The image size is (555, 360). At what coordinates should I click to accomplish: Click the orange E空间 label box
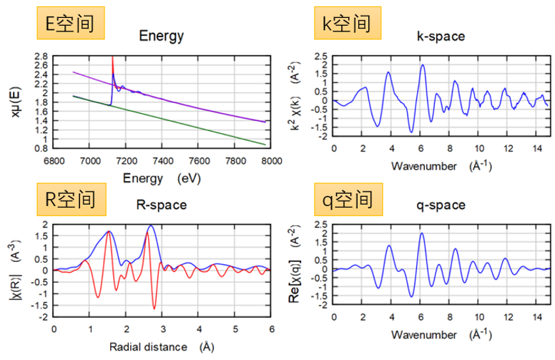click(70, 24)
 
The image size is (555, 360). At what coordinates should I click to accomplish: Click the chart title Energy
click(162, 36)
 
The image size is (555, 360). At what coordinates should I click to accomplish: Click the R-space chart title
click(161, 205)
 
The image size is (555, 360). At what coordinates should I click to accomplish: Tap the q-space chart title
click(438, 205)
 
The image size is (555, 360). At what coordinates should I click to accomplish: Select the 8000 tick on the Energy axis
click(271, 162)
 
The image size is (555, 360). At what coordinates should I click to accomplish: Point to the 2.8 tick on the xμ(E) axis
click(41, 56)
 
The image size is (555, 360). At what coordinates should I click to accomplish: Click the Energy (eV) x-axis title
click(162, 177)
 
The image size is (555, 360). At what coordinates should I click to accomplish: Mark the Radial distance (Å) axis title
click(162, 347)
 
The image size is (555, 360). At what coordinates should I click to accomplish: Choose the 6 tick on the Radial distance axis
click(271, 331)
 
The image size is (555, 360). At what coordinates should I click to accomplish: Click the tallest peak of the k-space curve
click(423, 65)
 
